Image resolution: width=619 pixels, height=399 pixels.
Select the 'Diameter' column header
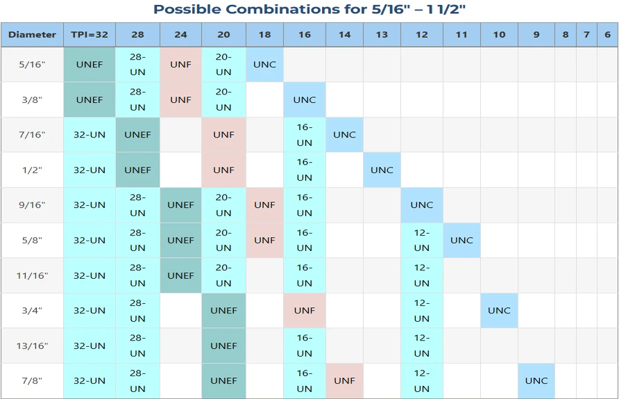(x=32, y=35)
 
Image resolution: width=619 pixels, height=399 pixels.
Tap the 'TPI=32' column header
(x=90, y=35)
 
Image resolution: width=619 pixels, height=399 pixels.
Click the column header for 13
(x=382, y=35)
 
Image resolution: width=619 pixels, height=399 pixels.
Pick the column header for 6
(x=608, y=35)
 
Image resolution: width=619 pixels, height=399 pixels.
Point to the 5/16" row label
(x=32, y=65)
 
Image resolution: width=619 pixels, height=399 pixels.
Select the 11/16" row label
(x=32, y=276)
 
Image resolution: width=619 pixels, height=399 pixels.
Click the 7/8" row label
(x=32, y=381)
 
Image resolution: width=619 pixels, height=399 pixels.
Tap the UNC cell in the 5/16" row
(x=264, y=65)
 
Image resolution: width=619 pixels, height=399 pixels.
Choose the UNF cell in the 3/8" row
(x=181, y=99)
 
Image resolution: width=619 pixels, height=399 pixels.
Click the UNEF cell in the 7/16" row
(x=138, y=135)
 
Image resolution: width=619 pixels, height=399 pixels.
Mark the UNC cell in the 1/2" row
(x=382, y=170)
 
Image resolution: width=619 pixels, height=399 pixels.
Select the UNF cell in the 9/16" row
(x=264, y=205)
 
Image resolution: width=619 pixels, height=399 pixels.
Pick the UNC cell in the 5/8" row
(x=461, y=240)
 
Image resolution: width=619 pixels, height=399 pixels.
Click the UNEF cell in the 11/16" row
(x=181, y=276)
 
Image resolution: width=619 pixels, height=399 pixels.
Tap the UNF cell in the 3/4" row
(x=305, y=311)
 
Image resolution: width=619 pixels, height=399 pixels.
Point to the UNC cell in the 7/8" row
(x=536, y=381)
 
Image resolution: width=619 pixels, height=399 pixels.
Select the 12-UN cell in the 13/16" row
(x=422, y=345)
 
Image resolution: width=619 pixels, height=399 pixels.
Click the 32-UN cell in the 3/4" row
(x=90, y=311)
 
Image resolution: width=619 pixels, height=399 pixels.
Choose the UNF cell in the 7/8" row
(x=345, y=381)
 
